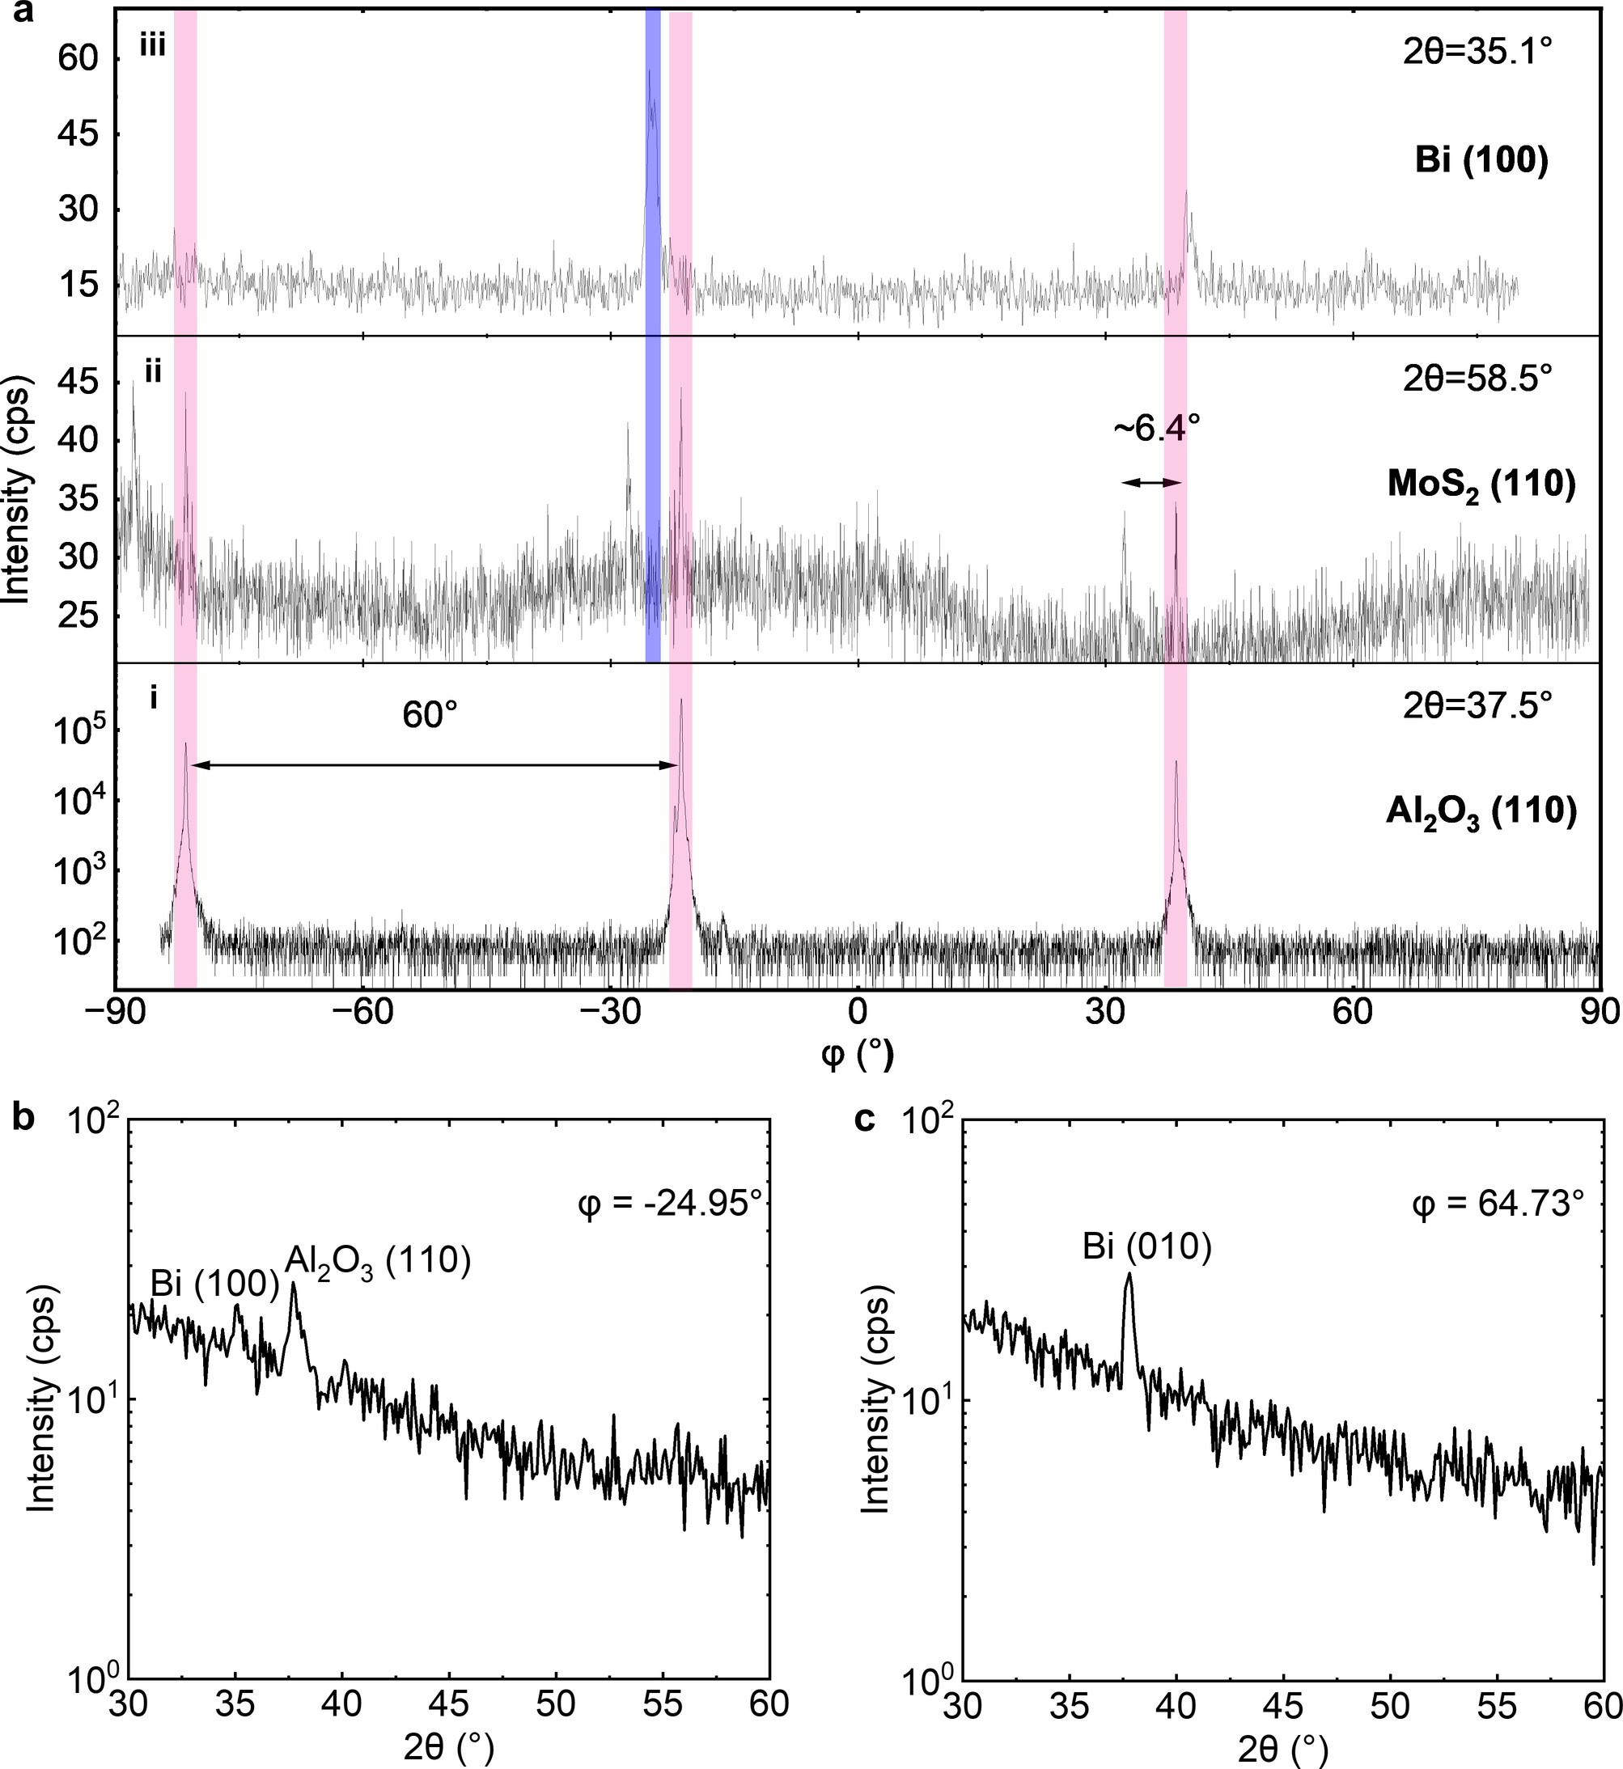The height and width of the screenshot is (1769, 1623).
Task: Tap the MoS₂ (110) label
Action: coord(1481,485)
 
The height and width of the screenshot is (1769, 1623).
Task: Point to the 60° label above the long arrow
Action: coord(430,717)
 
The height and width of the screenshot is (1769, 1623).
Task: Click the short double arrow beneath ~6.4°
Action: coord(1153,482)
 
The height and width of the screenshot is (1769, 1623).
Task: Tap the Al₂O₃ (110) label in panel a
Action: coord(1481,813)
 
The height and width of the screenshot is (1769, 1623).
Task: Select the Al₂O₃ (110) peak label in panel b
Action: coord(379,1262)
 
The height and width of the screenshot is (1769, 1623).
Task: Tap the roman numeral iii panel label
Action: coord(153,45)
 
